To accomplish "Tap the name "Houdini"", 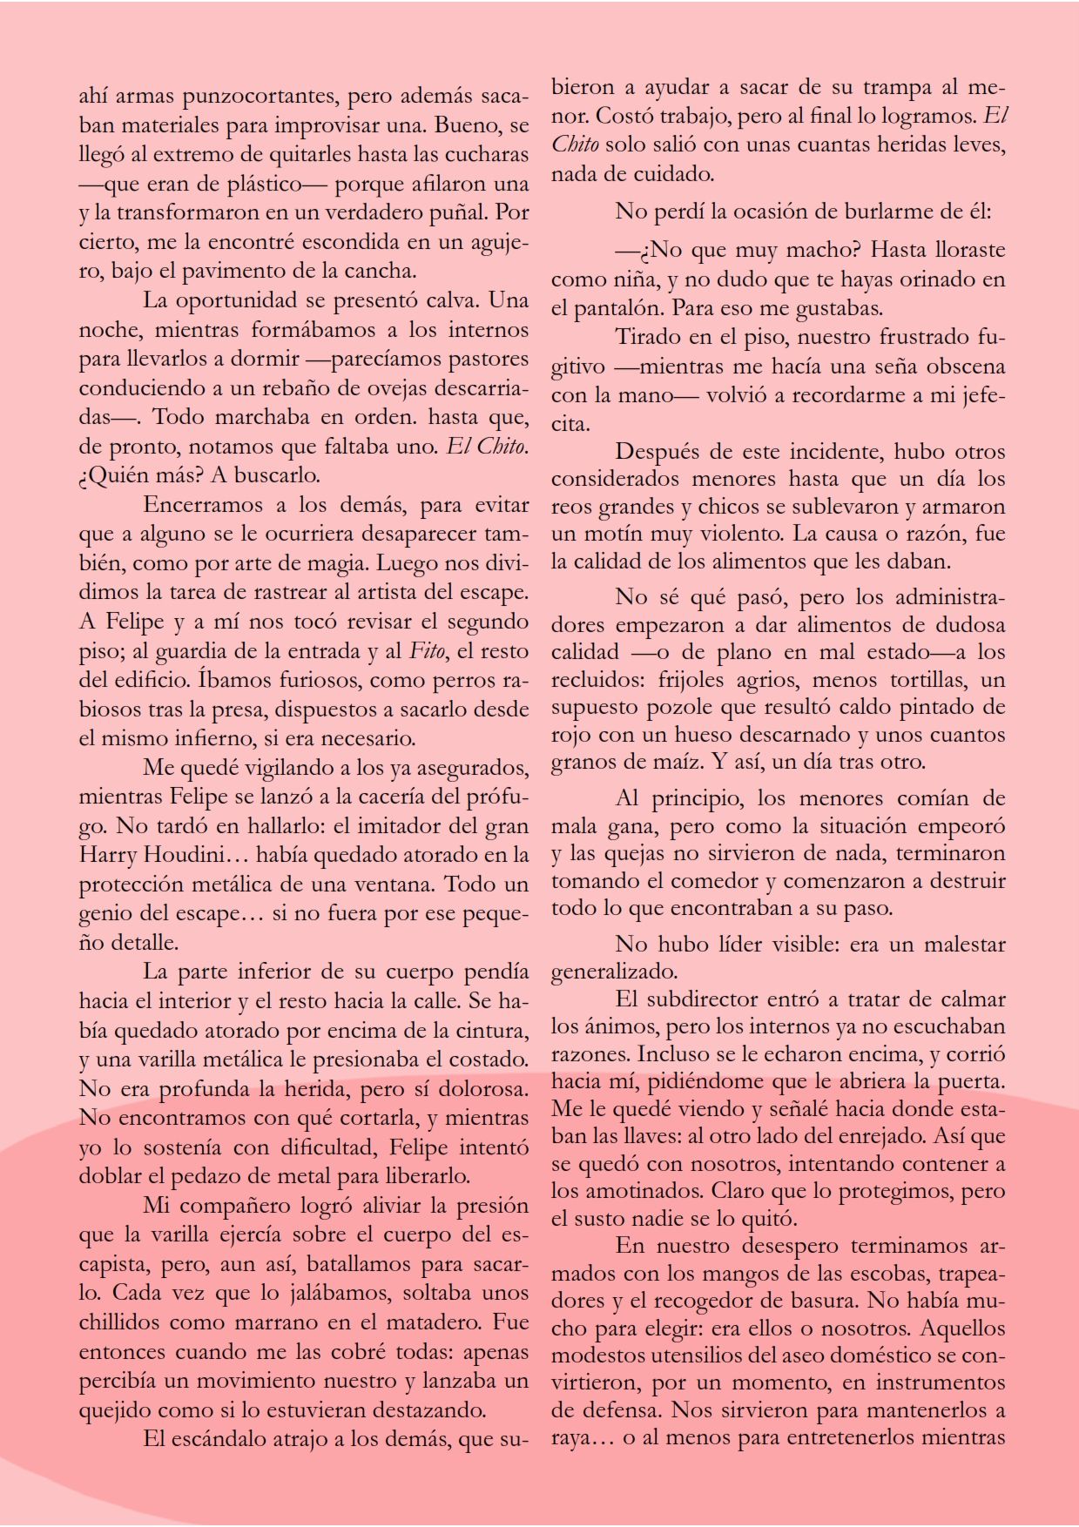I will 185,855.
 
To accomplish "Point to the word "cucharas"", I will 486,154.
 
